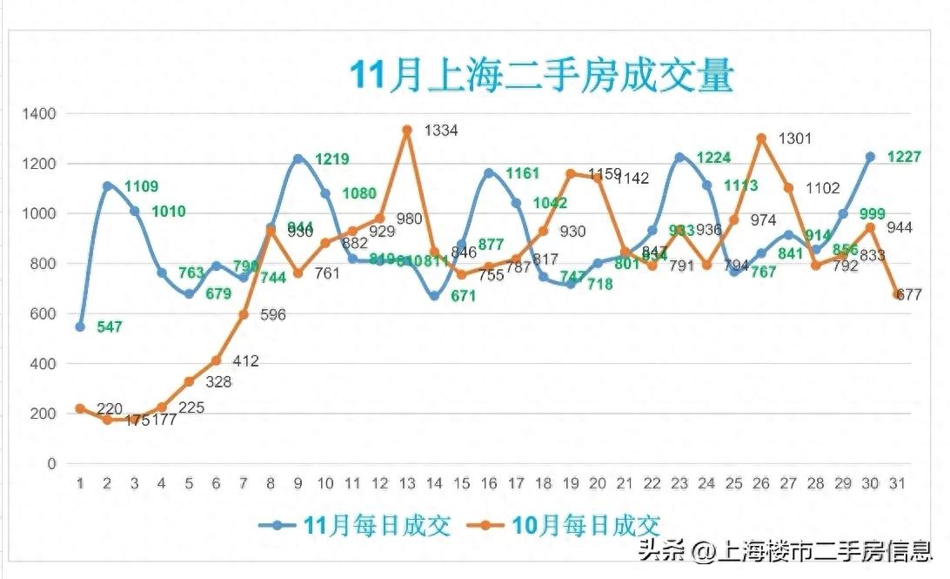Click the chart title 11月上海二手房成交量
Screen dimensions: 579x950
pos(541,77)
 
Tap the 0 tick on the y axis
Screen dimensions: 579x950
pos(51,464)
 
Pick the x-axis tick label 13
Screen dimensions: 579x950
pos(407,483)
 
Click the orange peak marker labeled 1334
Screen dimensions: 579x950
pos(407,130)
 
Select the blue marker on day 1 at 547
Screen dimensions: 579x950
pos(80,327)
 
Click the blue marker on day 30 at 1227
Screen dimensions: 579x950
pos(869,157)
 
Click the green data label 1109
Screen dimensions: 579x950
pos(142,186)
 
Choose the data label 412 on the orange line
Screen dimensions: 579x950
pos(245,361)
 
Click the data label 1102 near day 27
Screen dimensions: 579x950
pos(822,187)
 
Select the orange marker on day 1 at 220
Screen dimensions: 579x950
pos(80,408)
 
